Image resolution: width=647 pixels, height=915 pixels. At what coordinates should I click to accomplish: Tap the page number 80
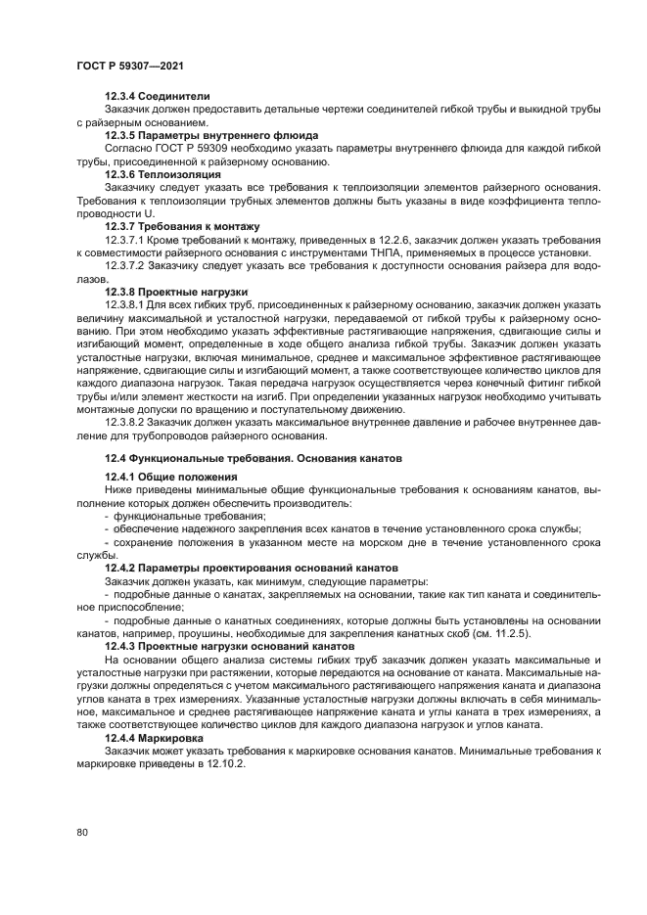(x=81, y=833)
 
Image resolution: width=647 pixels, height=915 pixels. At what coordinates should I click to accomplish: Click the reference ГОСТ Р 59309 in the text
(x=184, y=148)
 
